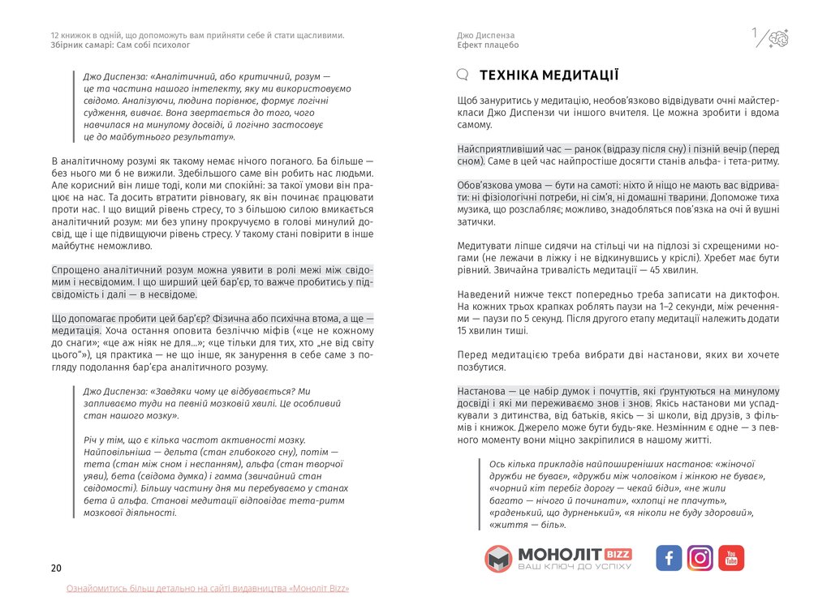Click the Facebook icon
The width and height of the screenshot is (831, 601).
[x=669, y=558]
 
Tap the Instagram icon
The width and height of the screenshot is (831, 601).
[x=700, y=558]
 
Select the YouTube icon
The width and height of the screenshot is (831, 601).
[x=731, y=558]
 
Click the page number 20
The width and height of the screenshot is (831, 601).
[x=56, y=568]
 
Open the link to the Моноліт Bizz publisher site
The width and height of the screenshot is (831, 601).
[x=208, y=588]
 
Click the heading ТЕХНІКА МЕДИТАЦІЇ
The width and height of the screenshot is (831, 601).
[x=549, y=75]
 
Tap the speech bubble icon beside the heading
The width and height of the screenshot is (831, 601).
[x=463, y=75]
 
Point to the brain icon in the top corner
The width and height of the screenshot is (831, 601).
[x=778, y=37]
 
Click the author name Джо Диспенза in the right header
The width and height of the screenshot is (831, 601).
[x=486, y=36]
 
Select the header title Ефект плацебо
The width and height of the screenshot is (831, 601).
[x=488, y=45]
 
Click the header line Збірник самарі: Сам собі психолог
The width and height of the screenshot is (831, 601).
[x=114, y=45]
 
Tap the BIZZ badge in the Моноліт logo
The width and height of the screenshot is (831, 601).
[x=618, y=553]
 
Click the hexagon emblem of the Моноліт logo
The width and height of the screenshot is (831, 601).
[x=498, y=559]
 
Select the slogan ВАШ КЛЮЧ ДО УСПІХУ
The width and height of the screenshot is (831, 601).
[x=574, y=566]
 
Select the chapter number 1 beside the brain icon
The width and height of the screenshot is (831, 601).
[x=755, y=33]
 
